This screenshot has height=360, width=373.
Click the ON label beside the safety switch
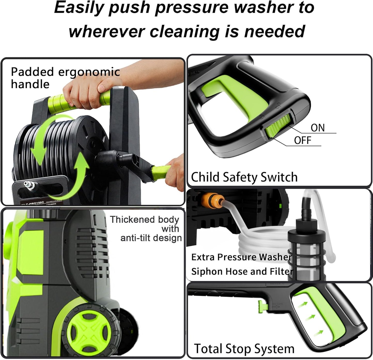pos(318,128)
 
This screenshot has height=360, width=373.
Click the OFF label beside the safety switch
pos(303,140)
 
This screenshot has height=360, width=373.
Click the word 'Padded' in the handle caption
pos(32,72)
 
